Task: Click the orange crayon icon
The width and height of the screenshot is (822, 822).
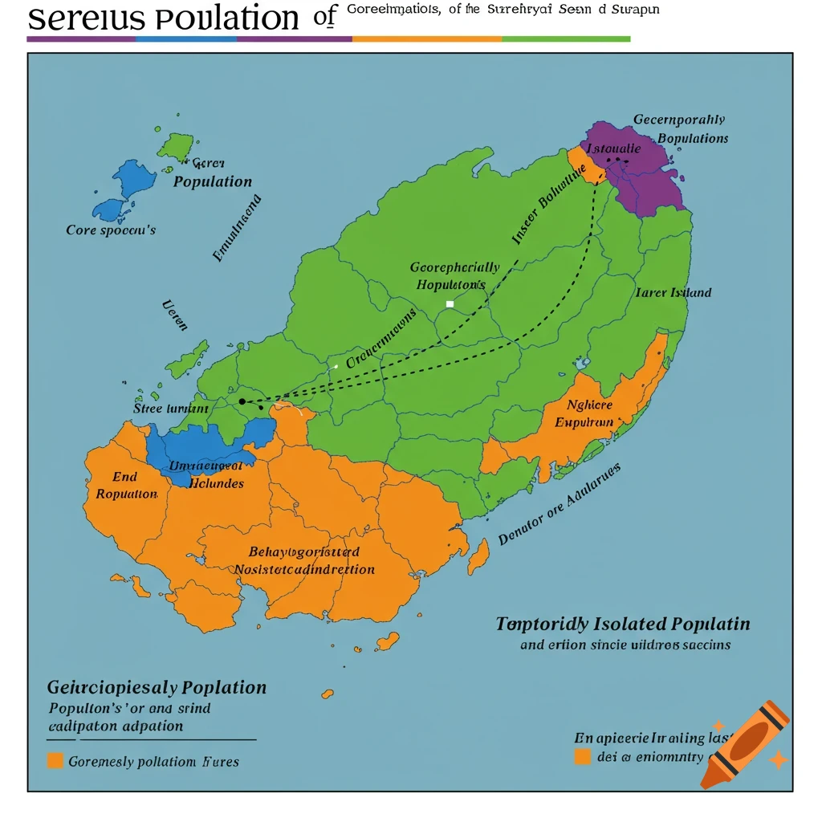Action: [x=744, y=744]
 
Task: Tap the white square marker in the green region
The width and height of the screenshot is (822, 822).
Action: [x=450, y=304]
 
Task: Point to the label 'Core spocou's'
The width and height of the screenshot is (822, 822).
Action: [x=111, y=230]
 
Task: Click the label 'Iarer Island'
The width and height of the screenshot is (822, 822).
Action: [x=673, y=293]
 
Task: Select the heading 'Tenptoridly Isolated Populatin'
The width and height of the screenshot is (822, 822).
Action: [x=623, y=625]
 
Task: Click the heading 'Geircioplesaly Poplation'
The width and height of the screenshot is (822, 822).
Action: [x=157, y=688]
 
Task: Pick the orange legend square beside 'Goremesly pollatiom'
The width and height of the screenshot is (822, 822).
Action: [x=55, y=760]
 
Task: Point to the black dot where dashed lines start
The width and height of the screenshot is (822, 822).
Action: [x=242, y=401]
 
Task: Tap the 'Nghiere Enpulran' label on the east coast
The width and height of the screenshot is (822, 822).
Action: [x=590, y=413]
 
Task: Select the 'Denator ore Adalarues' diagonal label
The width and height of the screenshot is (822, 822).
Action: [x=560, y=507]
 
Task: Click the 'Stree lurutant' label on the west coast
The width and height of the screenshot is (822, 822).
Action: [x=170, y=409]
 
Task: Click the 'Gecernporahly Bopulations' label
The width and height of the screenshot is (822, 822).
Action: [x=681, y=128]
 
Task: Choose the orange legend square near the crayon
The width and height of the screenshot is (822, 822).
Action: [x=583, y=756]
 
